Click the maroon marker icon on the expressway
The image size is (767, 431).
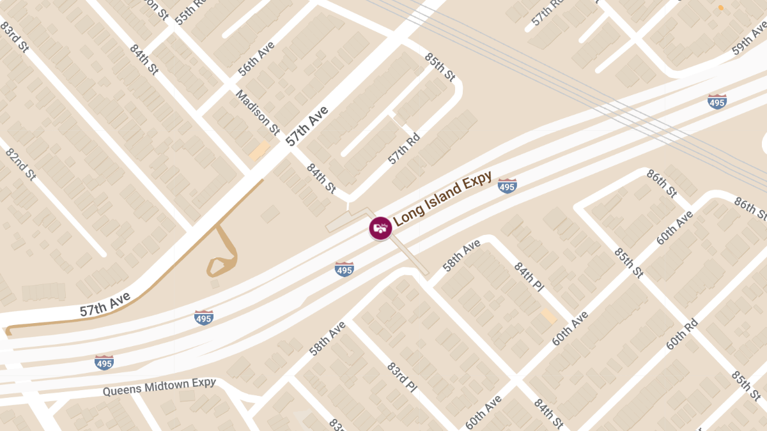pos(380,228)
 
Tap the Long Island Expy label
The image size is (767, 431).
pos(442,199)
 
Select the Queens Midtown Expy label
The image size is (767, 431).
pos(159,387)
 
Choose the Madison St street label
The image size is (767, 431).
pos(258,112)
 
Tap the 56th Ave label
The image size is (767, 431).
pos(256,59)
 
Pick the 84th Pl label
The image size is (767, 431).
pos(529,276)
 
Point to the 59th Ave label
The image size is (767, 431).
pos(749,40)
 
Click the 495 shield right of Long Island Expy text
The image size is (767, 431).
pos(507,186)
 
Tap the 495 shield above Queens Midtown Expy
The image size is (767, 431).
pos(104,363)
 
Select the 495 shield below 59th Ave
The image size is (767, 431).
pos(717,101)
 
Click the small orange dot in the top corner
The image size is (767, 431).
pos(721,8)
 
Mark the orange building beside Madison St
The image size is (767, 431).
pos(260,151)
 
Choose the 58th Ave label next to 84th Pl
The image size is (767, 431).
pos(461,255)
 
